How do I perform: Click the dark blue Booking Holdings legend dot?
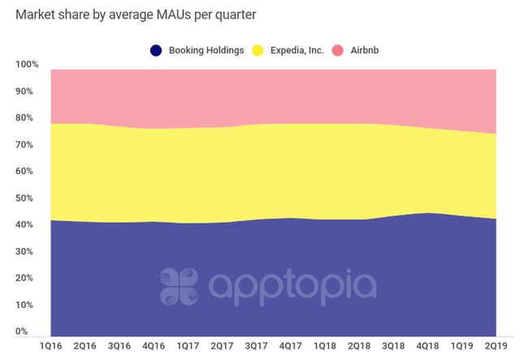click(x=155, y=50)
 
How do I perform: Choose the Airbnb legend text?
click(x=364, y=50)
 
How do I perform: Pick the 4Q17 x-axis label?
click(x=292, y=345)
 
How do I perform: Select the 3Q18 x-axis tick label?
click(x=394, y=345)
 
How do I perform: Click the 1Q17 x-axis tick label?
click(x=188, y=345)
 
